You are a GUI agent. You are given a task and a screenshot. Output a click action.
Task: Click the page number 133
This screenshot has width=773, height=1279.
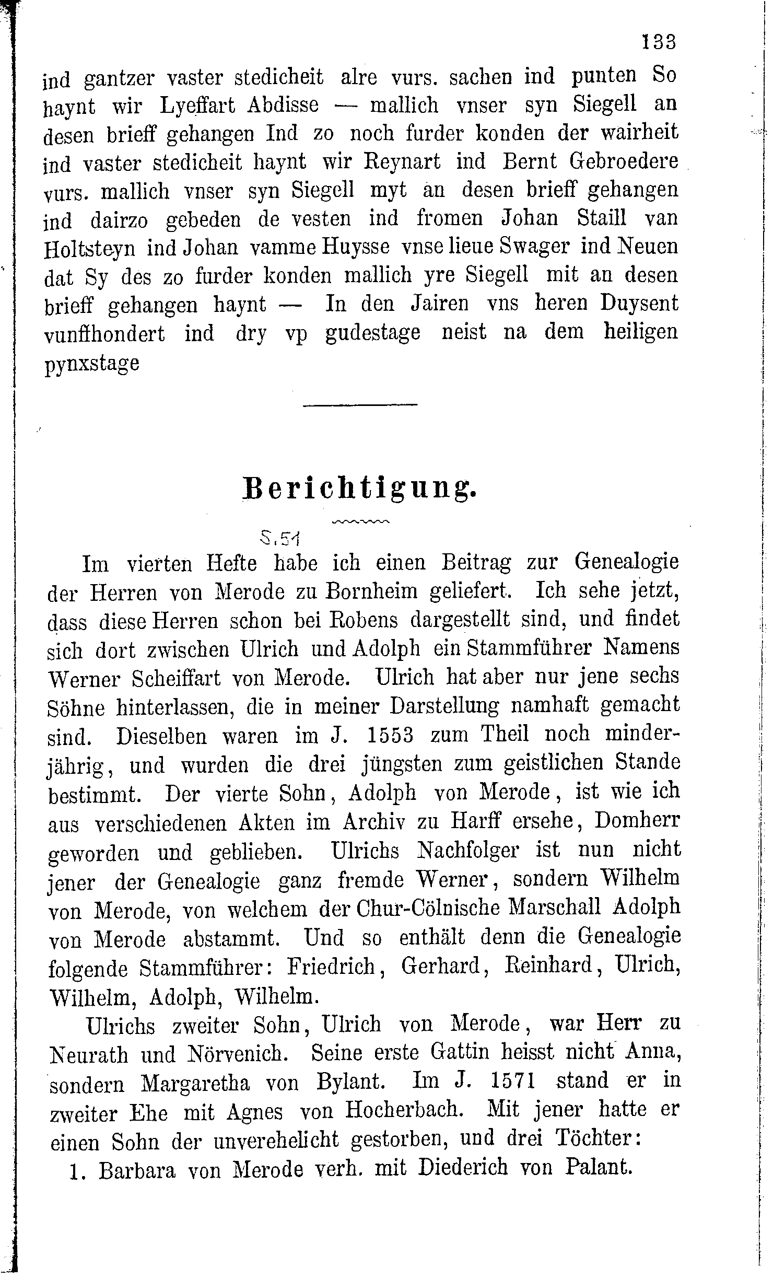click(659, 42)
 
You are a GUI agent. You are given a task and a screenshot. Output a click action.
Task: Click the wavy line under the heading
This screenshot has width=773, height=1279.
click(360, 521)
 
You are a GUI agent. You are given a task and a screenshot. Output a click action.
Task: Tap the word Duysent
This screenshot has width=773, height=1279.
click(639, 304)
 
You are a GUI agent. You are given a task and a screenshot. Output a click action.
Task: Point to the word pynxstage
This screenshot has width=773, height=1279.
click(92, 364)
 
